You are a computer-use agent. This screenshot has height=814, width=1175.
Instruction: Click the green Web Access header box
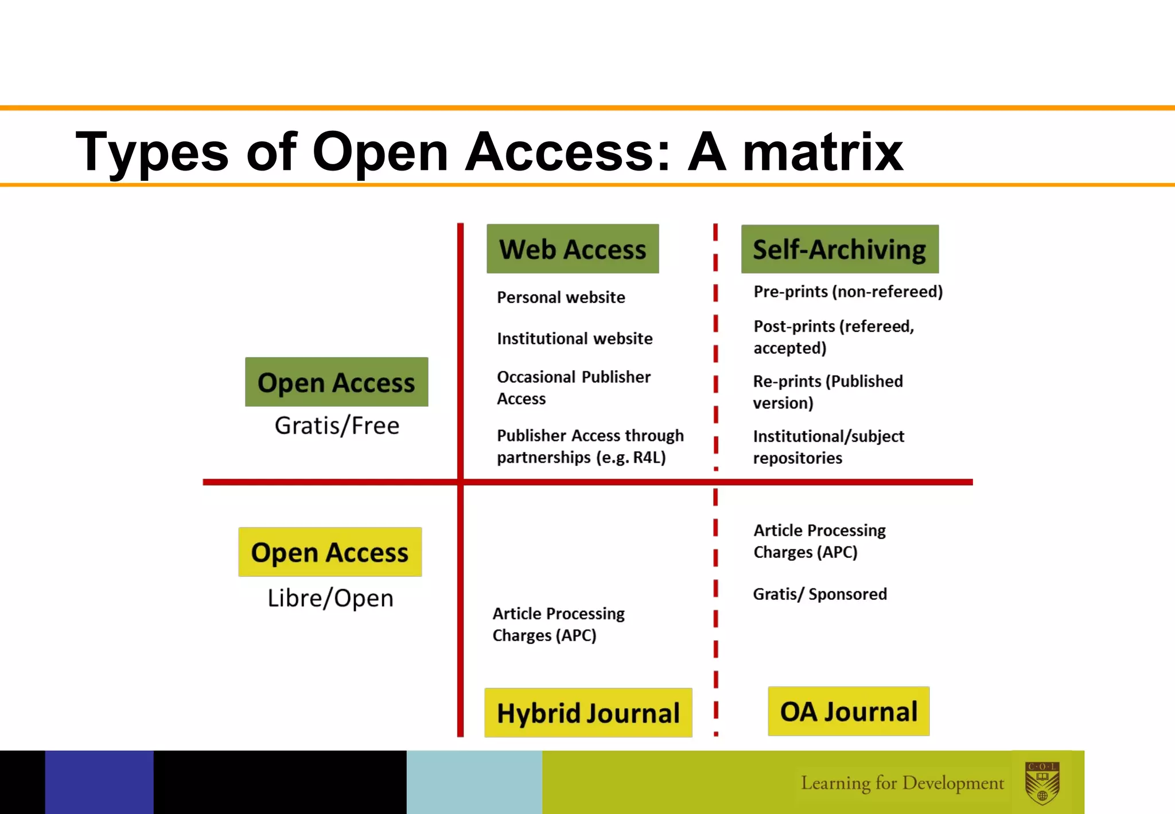(573, 249)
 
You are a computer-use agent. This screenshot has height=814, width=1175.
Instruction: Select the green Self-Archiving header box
(839, 249)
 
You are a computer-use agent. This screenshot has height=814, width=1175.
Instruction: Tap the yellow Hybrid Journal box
(588, 712)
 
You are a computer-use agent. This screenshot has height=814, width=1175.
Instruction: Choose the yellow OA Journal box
(849, 711)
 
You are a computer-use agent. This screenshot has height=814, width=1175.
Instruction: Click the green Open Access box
(336, 382)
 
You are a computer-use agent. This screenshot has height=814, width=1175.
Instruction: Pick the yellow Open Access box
(330, 552)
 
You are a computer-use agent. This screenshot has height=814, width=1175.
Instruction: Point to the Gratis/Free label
(337, 426)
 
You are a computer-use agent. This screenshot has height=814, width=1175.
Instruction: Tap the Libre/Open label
(330, 598)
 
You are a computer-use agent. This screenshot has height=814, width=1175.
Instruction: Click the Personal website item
(561, 297)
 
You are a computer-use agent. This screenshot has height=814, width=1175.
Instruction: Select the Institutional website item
(574, 339)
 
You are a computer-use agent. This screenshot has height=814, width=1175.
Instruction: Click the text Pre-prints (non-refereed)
(848, 292)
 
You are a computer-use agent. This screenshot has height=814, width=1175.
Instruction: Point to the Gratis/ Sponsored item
(820, 594)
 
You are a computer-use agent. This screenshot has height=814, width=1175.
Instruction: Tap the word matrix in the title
(823, 152)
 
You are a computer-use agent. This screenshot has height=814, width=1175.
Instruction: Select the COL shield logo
(1042, 782)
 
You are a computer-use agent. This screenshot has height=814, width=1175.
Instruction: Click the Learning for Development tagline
(902, 783)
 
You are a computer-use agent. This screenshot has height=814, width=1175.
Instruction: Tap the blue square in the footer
(99, 782)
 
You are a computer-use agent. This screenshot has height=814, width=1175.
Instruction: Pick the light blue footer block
(474, 782)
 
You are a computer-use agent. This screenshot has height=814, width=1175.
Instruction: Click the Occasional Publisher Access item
(573, 387)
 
